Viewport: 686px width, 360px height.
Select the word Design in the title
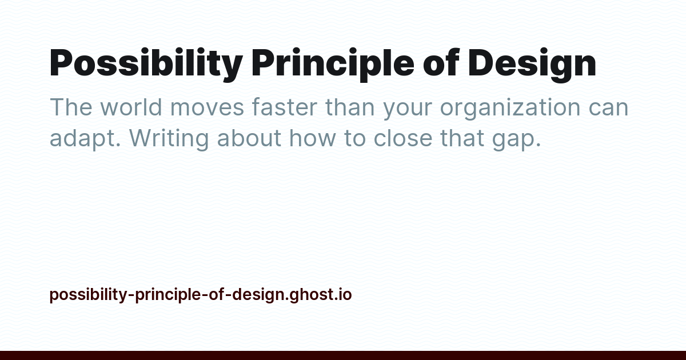coord(532,64)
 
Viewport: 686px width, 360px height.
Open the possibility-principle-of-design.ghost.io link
coord(201,295)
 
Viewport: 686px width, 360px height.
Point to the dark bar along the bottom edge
coord(343,355)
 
